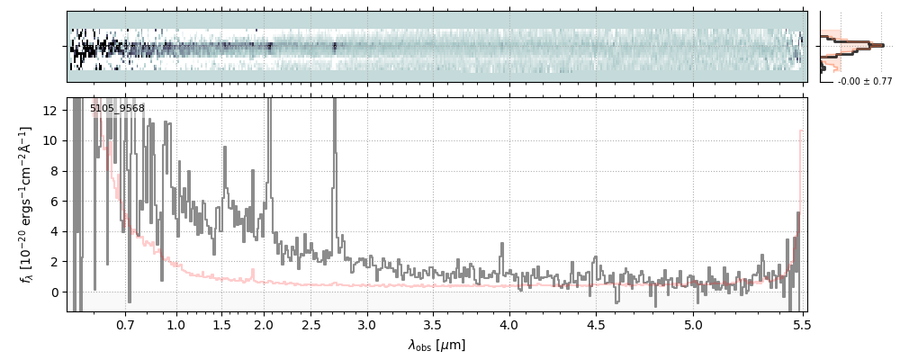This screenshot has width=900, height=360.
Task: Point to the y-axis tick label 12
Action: [52, 110]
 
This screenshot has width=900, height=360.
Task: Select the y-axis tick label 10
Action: [52, 140]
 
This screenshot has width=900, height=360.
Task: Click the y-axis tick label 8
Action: [56, 171]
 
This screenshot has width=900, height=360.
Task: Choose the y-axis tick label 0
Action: [56, 292]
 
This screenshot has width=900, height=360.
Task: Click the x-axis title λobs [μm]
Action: [436, 345]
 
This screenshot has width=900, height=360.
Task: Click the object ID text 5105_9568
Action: [117, 109]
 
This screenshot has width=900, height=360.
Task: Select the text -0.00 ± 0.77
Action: [864, 82]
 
